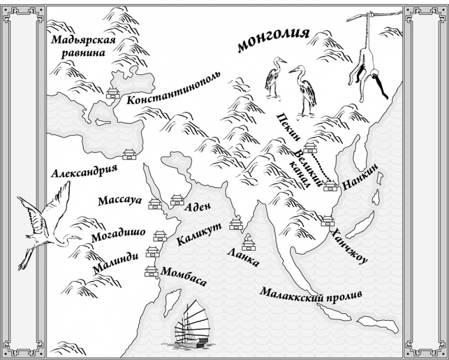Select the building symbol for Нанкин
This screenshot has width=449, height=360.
329,185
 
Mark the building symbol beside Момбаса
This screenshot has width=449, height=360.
151,271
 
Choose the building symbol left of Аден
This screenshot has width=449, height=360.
177,199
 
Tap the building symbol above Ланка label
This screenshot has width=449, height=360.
248,244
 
